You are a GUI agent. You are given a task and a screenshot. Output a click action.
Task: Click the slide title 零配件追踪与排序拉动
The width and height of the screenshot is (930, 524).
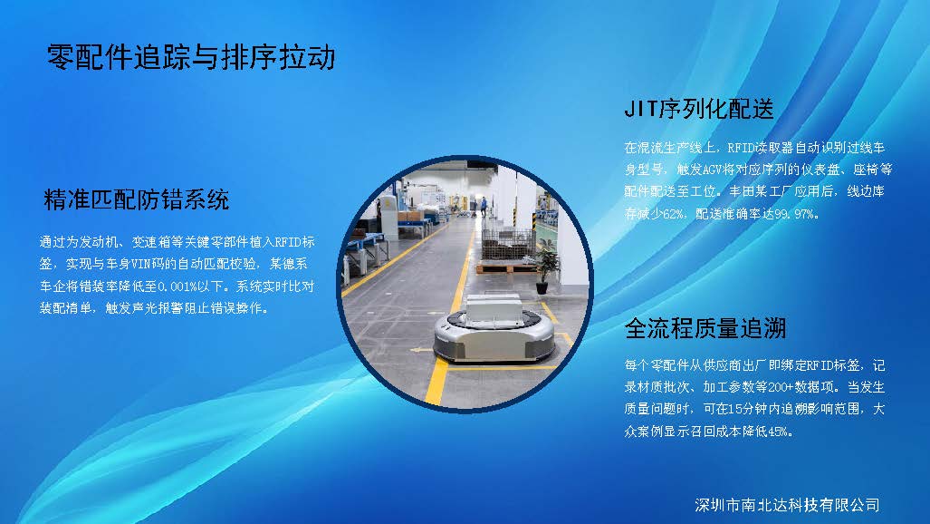click(x=191, y=58)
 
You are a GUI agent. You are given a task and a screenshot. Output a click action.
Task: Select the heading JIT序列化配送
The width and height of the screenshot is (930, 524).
click(x=699, y=109)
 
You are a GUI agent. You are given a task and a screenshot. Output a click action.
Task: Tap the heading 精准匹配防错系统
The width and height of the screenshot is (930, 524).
click(x=137, y=199)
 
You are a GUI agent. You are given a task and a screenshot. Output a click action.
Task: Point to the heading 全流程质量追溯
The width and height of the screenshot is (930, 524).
click(x=705, y=328)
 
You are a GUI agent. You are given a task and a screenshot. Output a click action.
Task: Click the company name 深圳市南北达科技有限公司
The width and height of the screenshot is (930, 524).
click(x=787, y=505)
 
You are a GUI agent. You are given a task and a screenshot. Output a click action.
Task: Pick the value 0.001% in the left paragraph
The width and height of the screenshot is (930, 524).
click(x=177, y=286)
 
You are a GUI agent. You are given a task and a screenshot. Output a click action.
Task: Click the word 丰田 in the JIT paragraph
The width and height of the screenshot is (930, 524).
click(x=742, y=192)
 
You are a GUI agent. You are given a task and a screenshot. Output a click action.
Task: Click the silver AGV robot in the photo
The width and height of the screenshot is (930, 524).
click(x=494, y=330)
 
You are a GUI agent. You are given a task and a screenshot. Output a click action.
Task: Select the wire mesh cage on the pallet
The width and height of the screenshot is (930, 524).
click(x=507, y=244)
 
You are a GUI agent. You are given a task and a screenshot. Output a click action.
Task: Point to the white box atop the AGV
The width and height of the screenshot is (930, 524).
click(x=494, y=311)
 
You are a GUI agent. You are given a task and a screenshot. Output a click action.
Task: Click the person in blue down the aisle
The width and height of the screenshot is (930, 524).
click(x=484, y=206)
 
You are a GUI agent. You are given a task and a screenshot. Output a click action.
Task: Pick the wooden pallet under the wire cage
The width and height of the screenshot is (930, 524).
click(x=505, y=268)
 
